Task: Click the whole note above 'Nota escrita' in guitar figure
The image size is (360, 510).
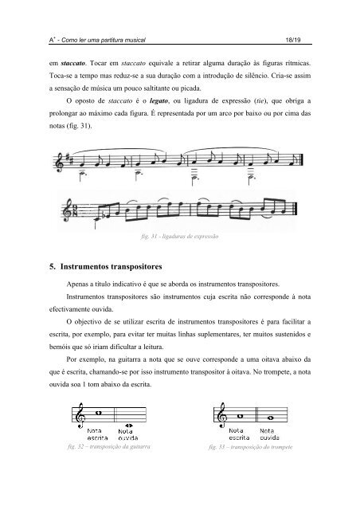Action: pos(98,413)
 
